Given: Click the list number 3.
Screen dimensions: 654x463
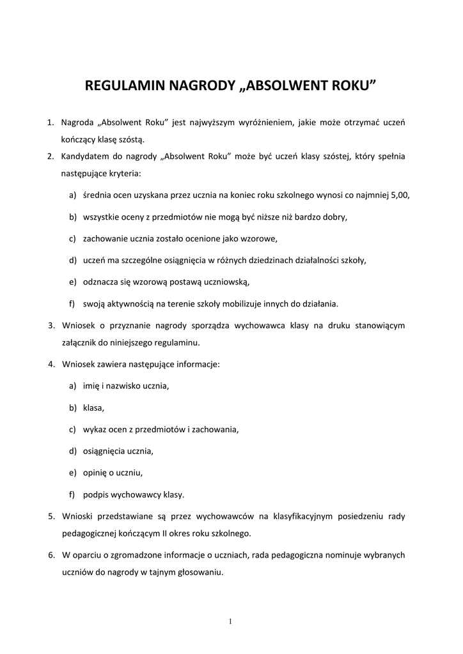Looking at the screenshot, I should (51, 326).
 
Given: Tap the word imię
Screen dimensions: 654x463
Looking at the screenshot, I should (92, 386).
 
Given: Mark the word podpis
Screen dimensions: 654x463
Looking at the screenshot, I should (96, 494).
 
